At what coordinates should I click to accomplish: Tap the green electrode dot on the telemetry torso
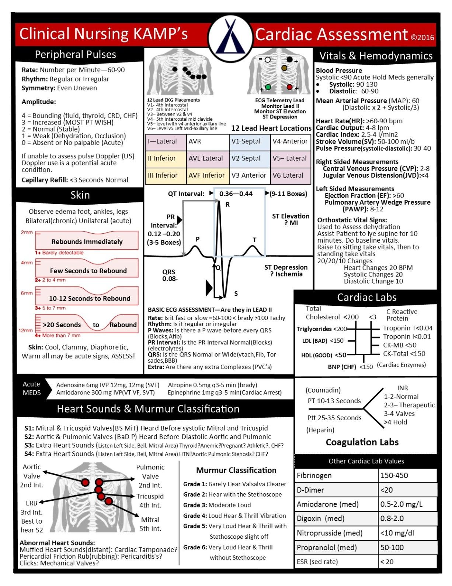click(268, 87)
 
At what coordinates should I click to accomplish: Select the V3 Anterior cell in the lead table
click(249, 175)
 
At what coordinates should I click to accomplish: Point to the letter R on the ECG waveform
click(227, 205)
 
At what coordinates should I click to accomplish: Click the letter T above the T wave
click(254, 240)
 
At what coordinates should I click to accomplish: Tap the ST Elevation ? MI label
click(291, 219)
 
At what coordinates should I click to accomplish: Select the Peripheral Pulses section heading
click(75, 55)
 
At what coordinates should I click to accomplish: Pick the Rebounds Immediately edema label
click(87, 242)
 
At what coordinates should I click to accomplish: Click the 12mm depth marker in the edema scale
click(25, 330)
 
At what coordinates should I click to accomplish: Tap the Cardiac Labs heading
click(366, 297)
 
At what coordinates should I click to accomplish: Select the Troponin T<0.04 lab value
click(407, 328)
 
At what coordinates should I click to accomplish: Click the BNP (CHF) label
click(342, 367)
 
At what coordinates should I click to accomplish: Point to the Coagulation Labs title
click(362, 442)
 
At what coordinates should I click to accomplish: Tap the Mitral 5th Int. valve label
click(150, 524)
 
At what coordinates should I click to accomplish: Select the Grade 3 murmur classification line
click(217, 505)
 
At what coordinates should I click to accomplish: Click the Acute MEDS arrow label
click(32, 388)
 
